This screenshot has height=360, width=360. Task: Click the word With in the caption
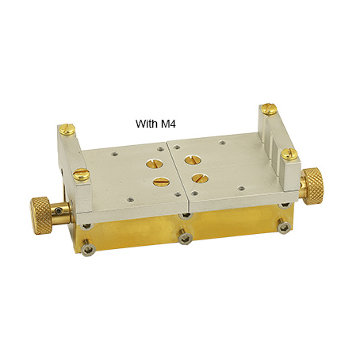[145, 124]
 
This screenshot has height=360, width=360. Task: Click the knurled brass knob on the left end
[41, 216]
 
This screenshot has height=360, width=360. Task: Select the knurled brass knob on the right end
[313, 186]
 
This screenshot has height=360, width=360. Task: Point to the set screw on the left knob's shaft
[59, 211]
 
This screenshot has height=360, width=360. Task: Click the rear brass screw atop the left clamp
[67, 129]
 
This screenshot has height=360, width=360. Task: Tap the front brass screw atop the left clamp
[82, 174]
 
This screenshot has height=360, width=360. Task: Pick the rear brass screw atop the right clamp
[269, 109]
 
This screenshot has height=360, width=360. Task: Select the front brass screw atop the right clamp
[289, 155]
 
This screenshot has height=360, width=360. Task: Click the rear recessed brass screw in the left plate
[155, 164]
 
